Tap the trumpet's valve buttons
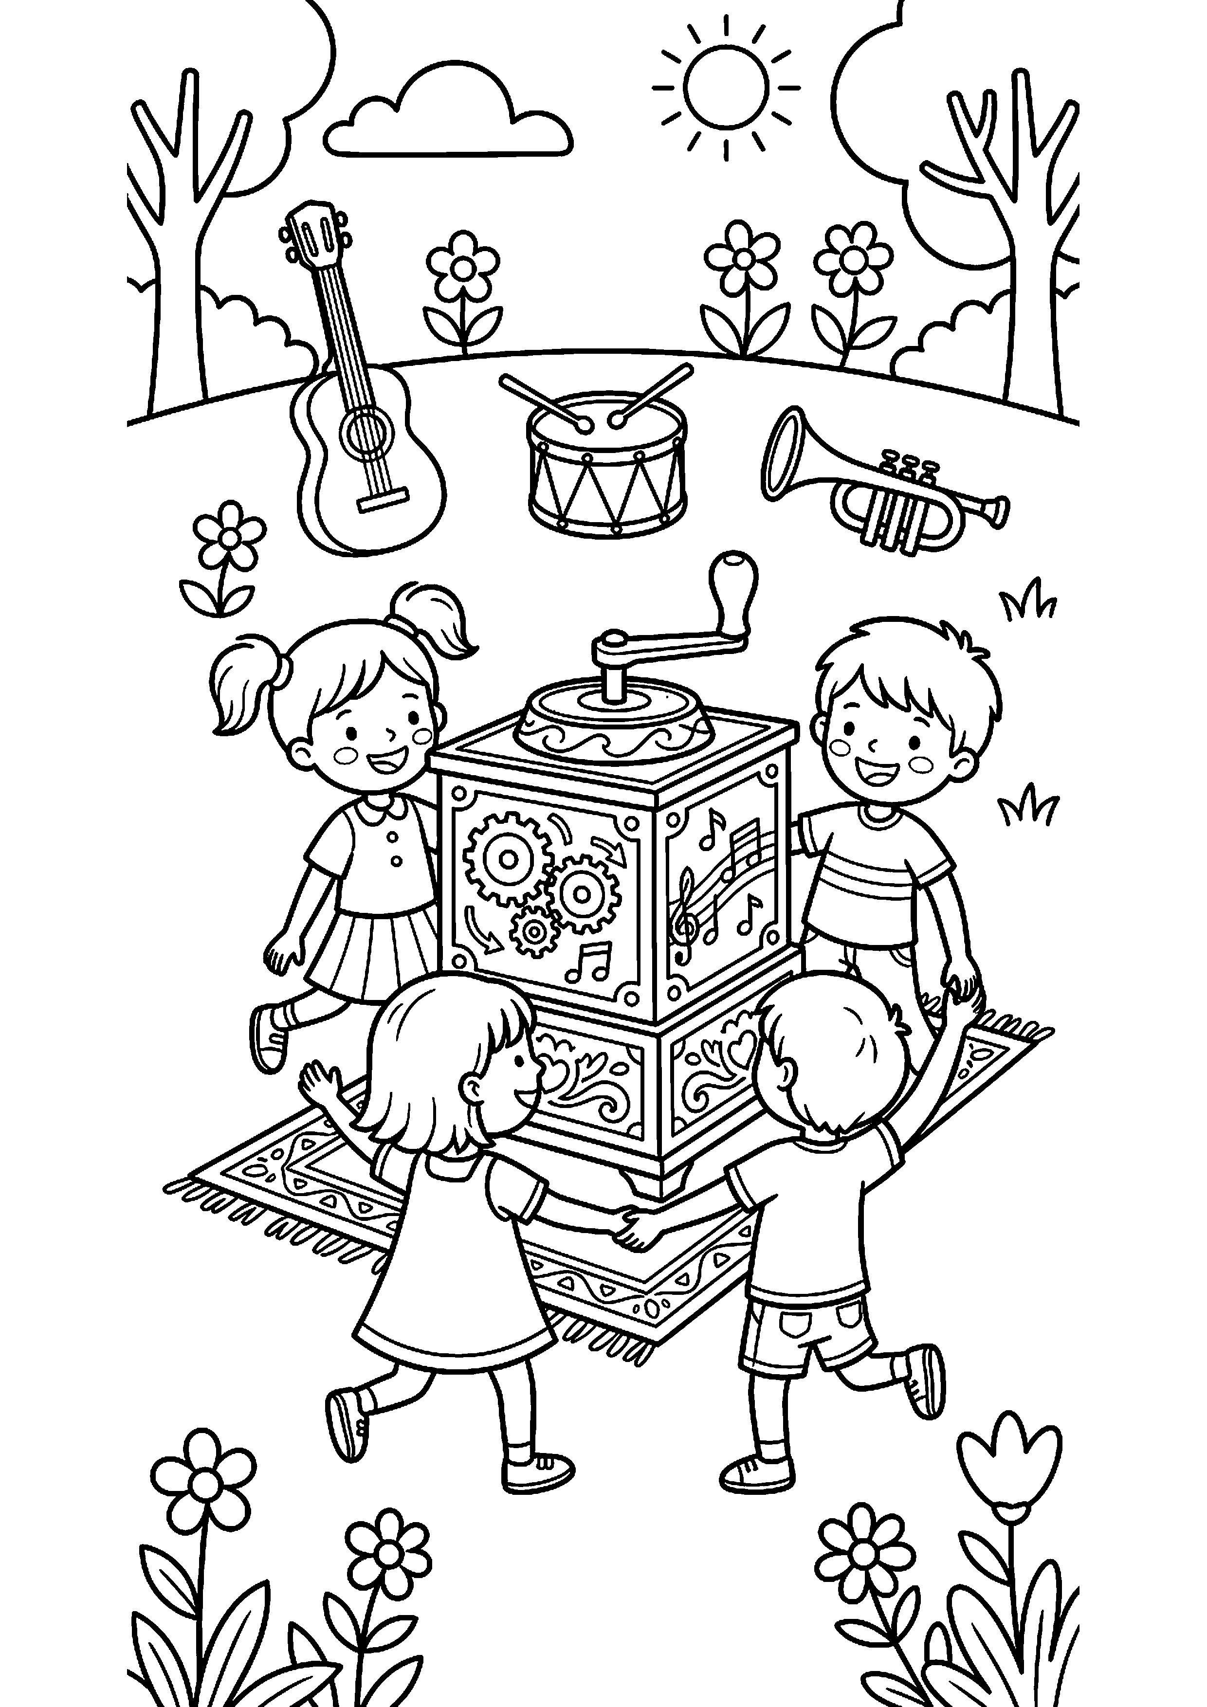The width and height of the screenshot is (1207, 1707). tap(907, 465)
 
